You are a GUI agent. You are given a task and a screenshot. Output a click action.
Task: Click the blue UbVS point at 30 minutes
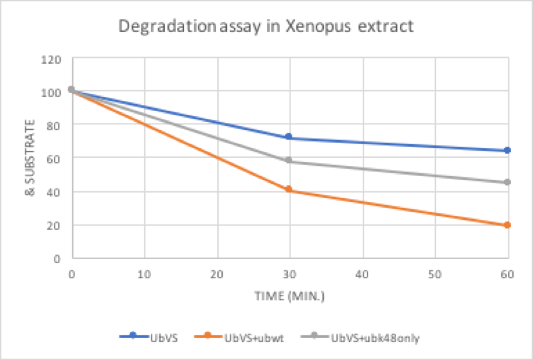(x=288, y=137)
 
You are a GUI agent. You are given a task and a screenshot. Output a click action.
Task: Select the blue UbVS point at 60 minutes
(x=507, y=151)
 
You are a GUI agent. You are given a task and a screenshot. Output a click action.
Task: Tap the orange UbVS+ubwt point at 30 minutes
(x=288, y=189)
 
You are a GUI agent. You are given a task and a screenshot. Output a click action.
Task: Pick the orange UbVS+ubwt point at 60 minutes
(x=507, y=225)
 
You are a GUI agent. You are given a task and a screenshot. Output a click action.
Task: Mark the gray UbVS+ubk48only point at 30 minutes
(x=288, y=160)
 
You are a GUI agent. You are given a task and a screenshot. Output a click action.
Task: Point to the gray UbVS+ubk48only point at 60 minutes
(x=507, y=182)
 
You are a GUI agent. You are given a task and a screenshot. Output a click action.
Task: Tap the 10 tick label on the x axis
(x=144, y=273)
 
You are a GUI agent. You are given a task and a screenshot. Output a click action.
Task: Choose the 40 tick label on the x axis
(x=362, y=273)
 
